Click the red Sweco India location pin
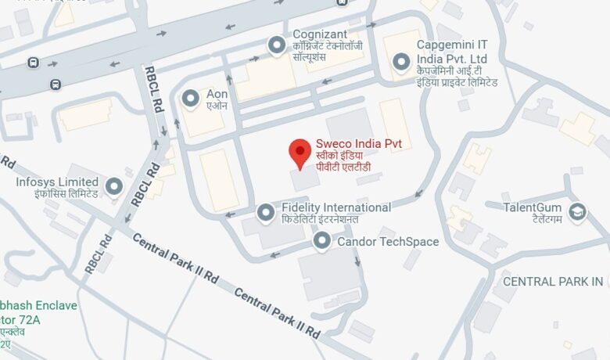300,153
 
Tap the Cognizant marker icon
276,46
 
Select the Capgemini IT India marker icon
400,61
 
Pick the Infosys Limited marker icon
114,186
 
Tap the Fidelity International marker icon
266,212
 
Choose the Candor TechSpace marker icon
321,242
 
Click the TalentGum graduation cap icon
577,211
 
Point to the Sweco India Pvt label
353,144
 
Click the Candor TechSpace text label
388,242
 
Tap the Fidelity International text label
336,207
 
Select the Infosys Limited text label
57,182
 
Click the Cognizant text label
319,34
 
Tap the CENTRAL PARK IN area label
553,282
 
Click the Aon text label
217,94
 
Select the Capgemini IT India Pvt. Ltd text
463,52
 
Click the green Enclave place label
39,305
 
